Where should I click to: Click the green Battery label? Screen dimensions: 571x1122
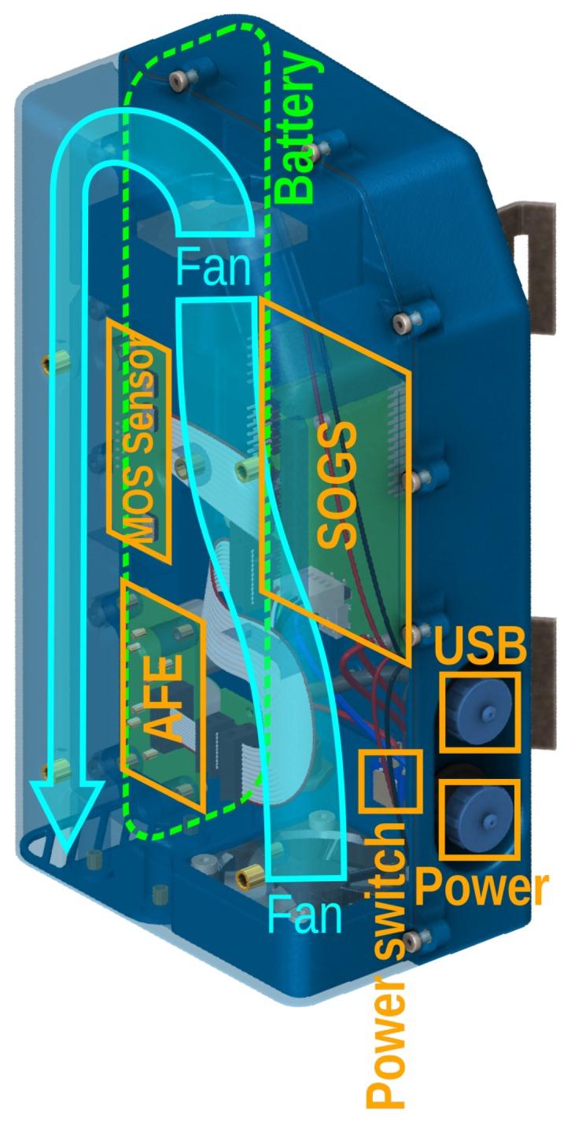point(300,127)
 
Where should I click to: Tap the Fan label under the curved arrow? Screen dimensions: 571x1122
point(214,268)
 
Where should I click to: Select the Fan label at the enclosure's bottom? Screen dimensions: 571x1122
point(305,915)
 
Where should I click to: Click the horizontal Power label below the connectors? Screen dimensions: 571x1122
point(481,889)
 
